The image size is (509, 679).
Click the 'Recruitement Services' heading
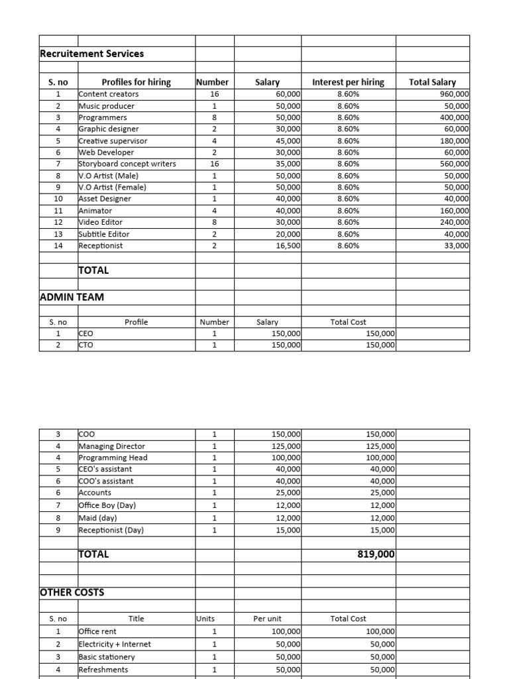pyautogui.click(x=92, y=53)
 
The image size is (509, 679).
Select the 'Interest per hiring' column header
pyautogui.click(x=348, y=82)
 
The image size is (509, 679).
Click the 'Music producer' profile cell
pyautogui.click(x=106, y=106)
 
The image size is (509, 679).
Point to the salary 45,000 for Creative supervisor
pyautogui.click(x=286, y=141)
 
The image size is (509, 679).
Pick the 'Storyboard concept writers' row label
pyautogui.click(x=127, y=164)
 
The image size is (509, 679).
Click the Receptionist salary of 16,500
pyautogui.click(x=286, y=245)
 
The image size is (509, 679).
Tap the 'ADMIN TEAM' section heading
pyautogui.click(x=72, y=297)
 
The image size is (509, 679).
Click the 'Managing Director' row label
pyautogui.click(x=111, y=446)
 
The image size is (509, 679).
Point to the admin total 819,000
pyautogui.click(x=376, y=554)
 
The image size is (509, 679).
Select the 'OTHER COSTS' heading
pyautogui.click(x=72, y=592)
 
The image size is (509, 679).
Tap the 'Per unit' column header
pyautogui.click(x=268, y=619)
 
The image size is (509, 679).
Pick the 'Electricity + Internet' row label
pyautogui.click(x=115, y=644)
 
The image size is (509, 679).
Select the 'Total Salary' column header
pyautogui.click(x=432, y=82)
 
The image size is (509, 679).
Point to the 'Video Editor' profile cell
pyautogui.click(x=100, y=222)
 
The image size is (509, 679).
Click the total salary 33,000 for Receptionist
pyautogui.click(x=456, y=245)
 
